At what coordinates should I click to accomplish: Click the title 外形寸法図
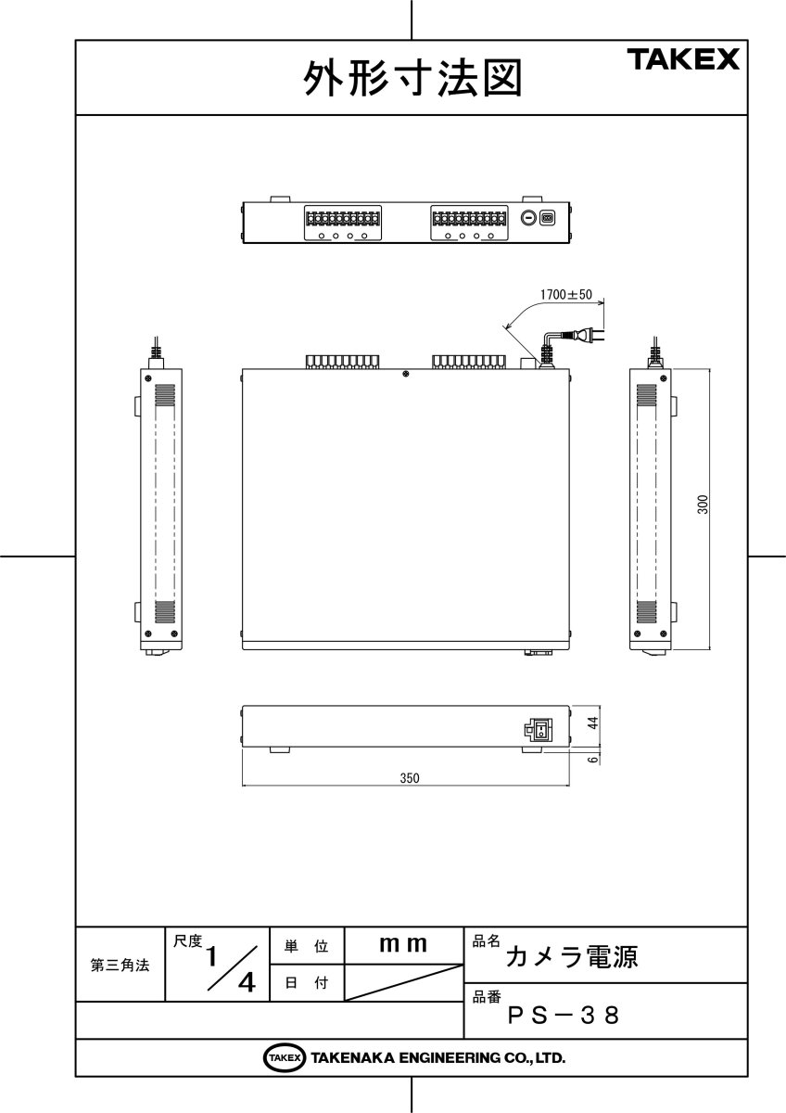click(412, 79)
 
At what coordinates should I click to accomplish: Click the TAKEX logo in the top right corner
click(685, 60)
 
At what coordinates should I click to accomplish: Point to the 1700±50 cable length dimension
click(566, 294)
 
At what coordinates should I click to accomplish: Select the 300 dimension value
click(703, 505)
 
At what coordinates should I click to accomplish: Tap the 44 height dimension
click(593, 723)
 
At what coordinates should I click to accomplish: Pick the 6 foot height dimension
click(593, 758)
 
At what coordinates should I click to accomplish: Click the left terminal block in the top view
click(341, 219)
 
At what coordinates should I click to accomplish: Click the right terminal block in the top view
click(468, 219)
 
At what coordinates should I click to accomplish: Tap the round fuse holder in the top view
click(527, 219)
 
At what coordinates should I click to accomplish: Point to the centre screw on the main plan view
click(405, 374)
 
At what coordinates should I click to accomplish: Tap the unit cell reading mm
click(403, 945)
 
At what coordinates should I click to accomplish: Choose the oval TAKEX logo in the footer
click(285, 1057)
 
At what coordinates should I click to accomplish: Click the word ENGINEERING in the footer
click(439, 1057)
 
